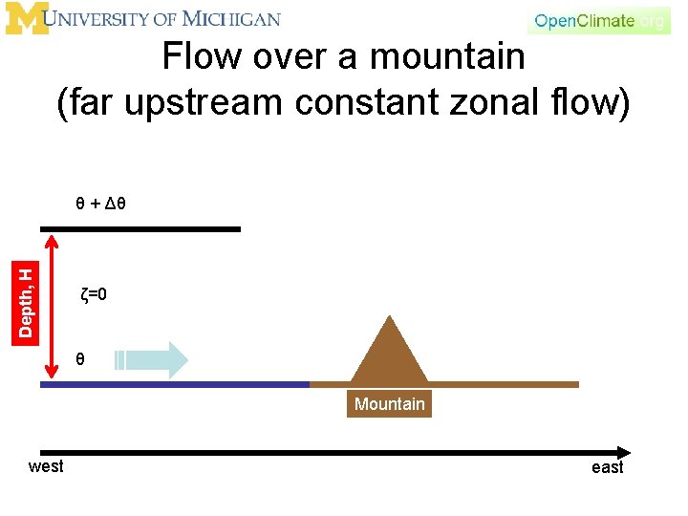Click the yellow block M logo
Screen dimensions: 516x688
[x=26, y=18]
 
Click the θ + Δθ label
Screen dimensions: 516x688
[x=102, y=204]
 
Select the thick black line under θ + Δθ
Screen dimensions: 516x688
[x=140, y=229]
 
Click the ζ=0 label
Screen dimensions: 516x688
[x=94, y=295]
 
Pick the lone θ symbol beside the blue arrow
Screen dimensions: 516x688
[x=81, y=360]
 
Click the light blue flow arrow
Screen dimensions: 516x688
[x=153, y=360]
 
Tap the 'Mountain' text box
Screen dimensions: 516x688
[x=389, y=404]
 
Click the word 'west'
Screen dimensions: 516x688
[x=46, y=466]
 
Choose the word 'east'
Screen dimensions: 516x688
[x=607, y=467]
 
